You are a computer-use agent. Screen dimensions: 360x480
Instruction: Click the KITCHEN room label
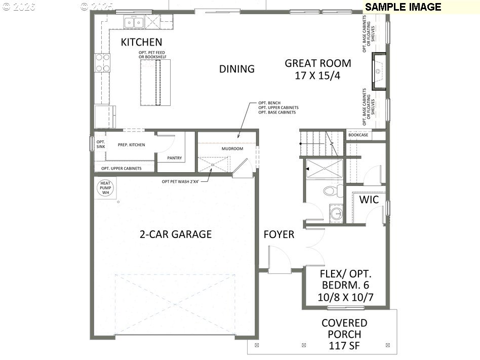tap(141, 43)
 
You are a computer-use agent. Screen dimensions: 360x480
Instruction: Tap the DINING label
tap(236, 69)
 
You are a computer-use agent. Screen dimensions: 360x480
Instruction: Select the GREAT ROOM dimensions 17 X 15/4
tap(317, 75)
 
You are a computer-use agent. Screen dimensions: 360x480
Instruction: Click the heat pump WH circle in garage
tap(105, 187)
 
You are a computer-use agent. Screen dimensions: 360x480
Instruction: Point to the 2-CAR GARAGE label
tap(176, 234)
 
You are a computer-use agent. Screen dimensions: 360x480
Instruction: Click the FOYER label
tap(278, 235)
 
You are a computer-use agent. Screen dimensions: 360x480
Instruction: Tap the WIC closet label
tap(369, 199)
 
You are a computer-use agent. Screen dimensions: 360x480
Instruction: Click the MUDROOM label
tap(232, 149)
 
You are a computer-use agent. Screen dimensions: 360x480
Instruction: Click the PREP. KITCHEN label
tap(131, 145)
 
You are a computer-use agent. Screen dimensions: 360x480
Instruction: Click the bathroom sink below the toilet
tap(336, 213)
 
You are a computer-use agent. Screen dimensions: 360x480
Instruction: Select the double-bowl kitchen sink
tap(135, 22)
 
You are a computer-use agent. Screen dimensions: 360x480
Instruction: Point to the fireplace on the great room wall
tap(378, 71)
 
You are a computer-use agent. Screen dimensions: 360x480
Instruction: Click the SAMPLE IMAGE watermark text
tap(403, 7)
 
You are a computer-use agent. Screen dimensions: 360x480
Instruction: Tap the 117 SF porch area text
tap(344, 346)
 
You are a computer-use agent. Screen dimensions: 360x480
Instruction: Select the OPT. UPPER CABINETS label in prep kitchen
tap(122, 168)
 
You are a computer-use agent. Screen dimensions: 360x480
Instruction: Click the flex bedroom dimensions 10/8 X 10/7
tap(345, 297)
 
